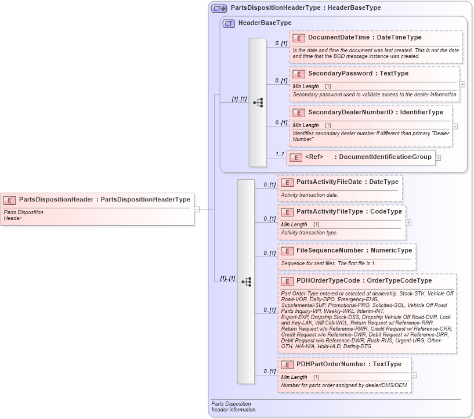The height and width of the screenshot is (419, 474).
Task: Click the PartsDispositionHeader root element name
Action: pos(56,200)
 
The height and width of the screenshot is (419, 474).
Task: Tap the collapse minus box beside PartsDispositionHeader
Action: pos(197,209)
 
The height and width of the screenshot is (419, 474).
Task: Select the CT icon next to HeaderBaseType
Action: pos(229,23)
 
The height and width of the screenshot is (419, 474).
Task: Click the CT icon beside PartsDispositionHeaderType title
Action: pos(219,8)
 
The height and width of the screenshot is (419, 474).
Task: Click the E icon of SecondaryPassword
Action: pos(299,74)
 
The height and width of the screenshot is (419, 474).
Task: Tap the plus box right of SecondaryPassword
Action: pos(462,84)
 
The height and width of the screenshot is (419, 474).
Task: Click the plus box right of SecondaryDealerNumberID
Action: pos(455,126)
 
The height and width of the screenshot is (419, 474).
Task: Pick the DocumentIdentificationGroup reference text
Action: pos(385,157)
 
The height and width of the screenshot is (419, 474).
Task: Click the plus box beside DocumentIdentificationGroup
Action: pos(438,157)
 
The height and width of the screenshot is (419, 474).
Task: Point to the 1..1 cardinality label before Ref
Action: pos(280,154)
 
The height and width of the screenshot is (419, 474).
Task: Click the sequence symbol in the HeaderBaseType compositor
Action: pos(258,103)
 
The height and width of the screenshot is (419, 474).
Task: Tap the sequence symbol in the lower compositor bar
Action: pos(246,282)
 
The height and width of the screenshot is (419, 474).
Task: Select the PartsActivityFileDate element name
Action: pos(329,182)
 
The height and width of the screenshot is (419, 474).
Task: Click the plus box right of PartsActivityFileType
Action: pos(408,222)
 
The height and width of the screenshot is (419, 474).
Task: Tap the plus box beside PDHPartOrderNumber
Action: pos(414,375)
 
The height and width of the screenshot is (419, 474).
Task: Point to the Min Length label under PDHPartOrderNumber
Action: pos(294,377)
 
